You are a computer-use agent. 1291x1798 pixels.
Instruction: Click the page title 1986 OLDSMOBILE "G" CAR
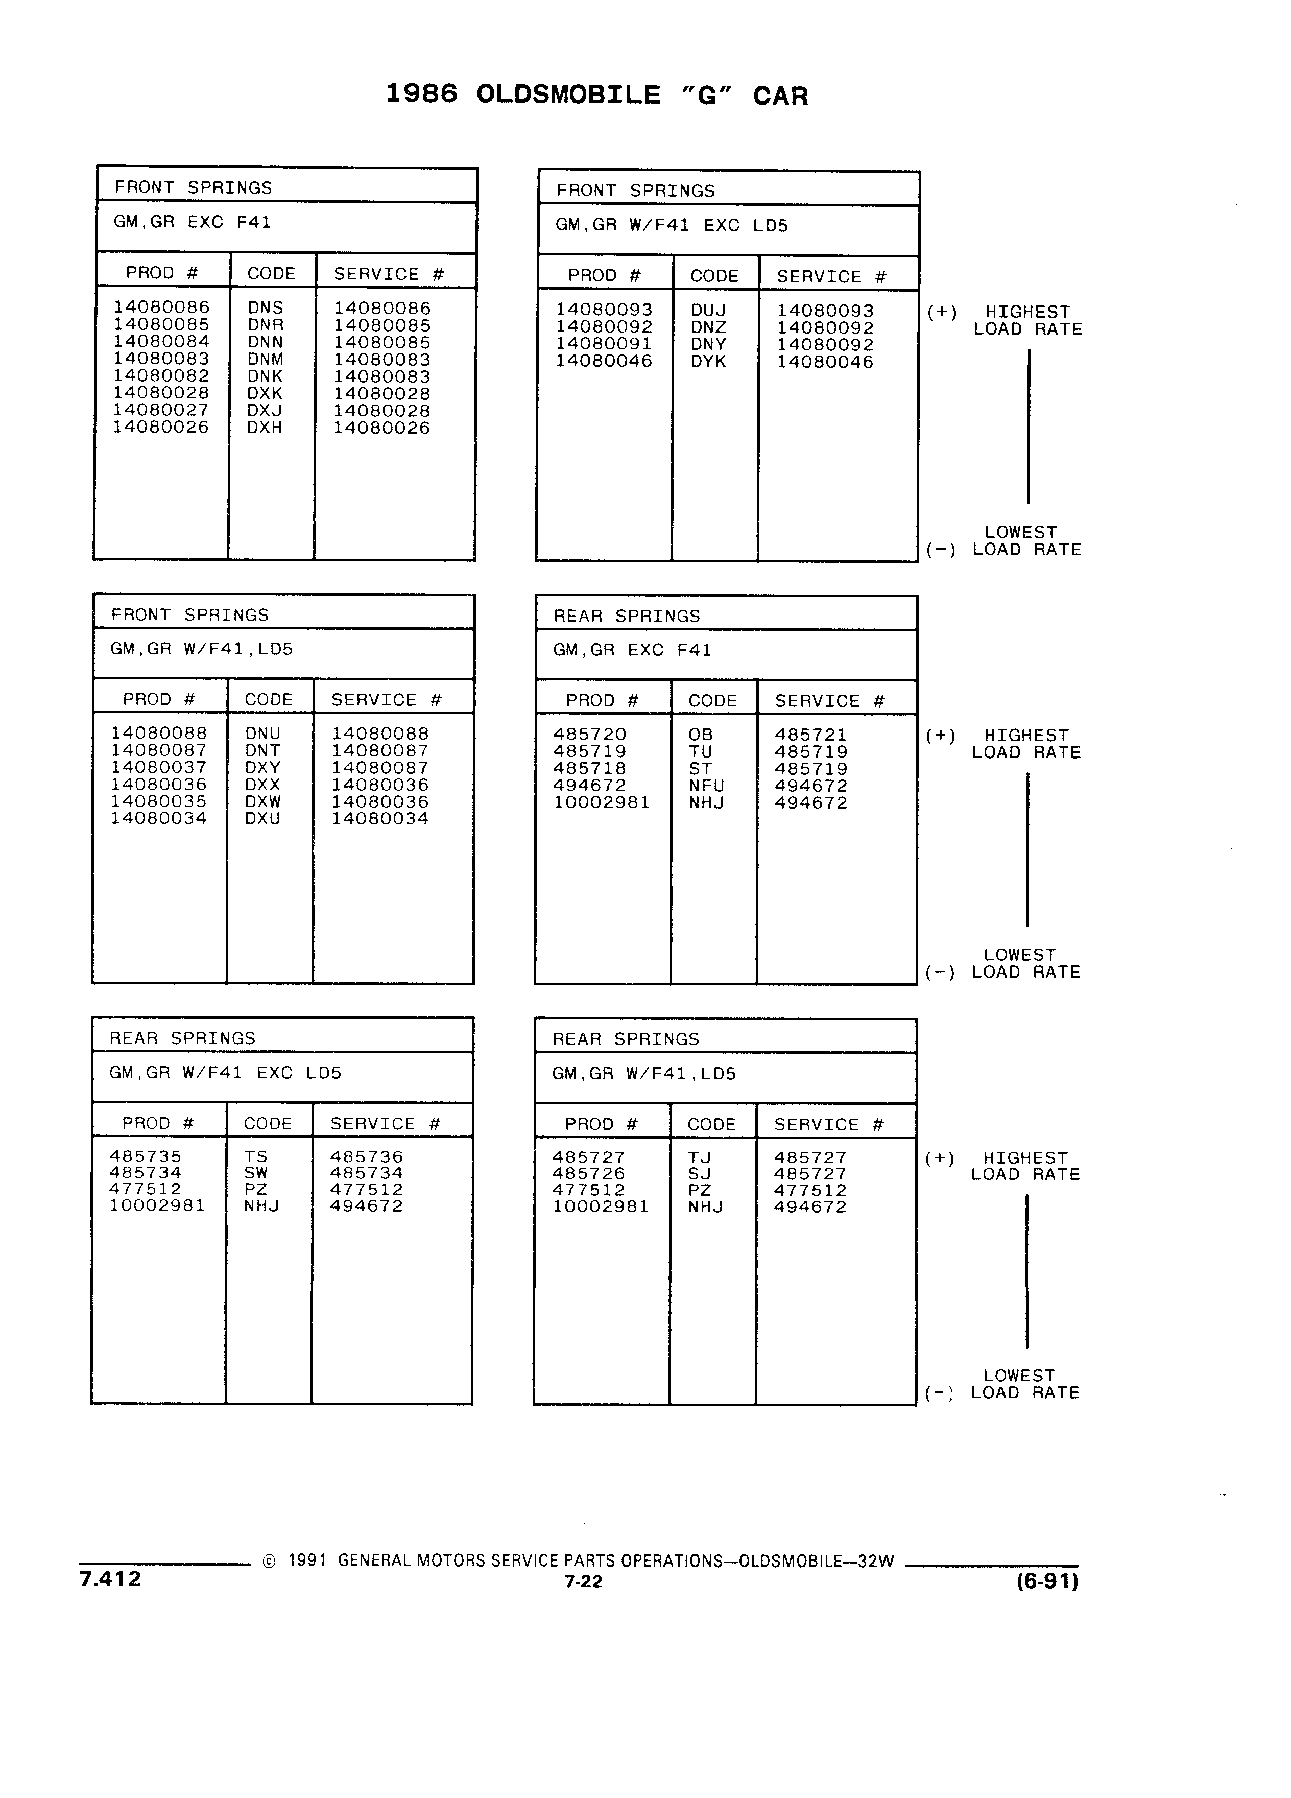coord(597,95)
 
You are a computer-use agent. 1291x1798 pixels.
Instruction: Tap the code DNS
coord(266,307)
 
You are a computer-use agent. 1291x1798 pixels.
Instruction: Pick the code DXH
coord(265,428)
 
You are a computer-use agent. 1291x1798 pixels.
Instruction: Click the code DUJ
coord(708,310)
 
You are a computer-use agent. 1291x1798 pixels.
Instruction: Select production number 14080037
coord(158,767)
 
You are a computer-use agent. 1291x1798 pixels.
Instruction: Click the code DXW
coord(263,801)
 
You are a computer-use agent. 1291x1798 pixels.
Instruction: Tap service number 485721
coord(811,735)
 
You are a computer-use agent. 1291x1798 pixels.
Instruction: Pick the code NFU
coord(707,786)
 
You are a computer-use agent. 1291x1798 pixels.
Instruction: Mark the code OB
coord(701,735)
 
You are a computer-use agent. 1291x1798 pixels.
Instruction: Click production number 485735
coord(146,1156)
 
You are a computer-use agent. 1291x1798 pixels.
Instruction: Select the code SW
coord(256,1172)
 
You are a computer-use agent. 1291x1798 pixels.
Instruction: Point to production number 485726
coord(589,1173)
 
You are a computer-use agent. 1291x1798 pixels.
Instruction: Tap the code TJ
coord(700,1157)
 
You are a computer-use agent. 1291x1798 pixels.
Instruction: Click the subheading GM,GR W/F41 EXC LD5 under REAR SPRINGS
coord(225,1073)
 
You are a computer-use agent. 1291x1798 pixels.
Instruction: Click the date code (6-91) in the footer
coord(1047,1581)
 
